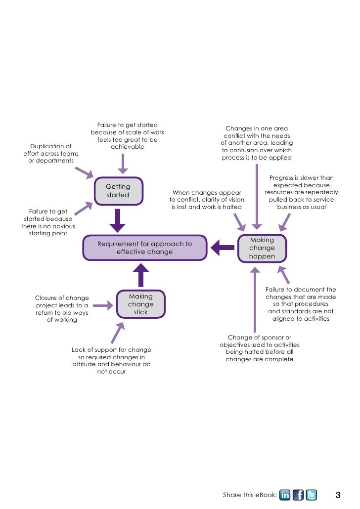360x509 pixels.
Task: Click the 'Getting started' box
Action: (118, 191)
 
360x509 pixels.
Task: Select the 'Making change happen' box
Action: (262, 248)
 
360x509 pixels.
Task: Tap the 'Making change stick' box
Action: (141, 304)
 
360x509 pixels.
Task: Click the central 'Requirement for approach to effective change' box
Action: (144, 248)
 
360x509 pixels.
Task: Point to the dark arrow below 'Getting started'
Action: (118, 220)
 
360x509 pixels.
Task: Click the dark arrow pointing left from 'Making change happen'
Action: (222, 247)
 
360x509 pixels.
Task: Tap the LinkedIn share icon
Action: (285, 495)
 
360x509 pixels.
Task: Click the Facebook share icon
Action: (298, 495)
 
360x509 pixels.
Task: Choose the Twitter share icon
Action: (311, 495)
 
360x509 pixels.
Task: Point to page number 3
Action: (338, 495)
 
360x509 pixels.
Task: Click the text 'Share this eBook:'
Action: (250, 495)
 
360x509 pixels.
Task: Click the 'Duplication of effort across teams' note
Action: (51, 154)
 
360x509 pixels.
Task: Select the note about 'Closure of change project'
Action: (62, 309)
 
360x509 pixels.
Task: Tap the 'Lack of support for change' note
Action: (111, 361)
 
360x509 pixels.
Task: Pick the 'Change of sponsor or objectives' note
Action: (260, 348)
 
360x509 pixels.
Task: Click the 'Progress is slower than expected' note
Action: (302, 192)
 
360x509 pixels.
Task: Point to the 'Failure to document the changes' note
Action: (301, 304)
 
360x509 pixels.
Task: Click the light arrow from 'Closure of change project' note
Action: (103, 306)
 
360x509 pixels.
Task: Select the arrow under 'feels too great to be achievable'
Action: (123, 163)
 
